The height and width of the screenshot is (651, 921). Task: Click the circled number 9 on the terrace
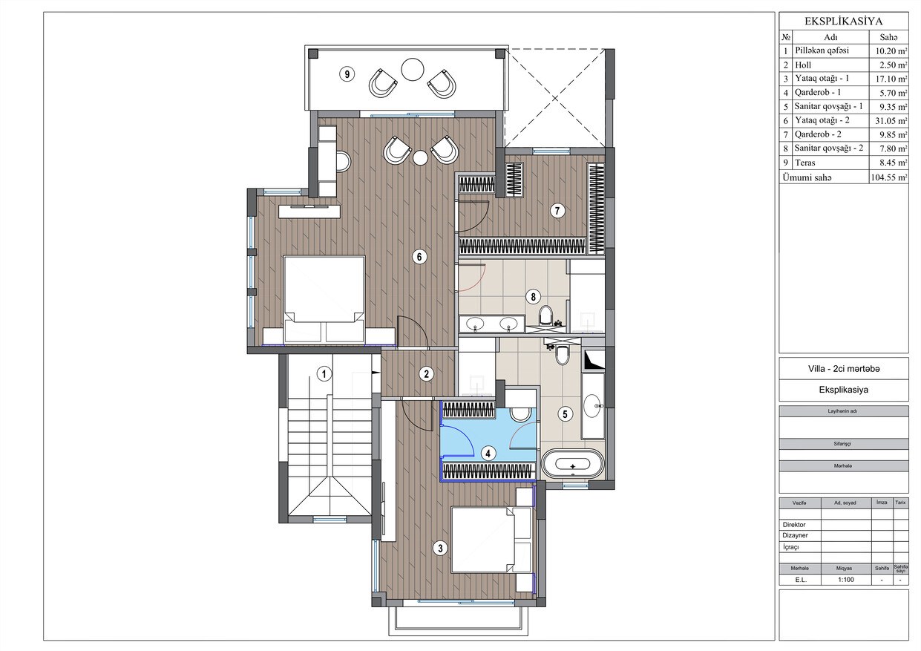click(347, 74)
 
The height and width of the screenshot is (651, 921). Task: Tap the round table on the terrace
click(413, 70)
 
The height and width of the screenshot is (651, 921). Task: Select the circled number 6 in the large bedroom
click(419, 257)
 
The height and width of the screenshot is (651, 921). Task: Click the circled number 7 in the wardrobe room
click(557, 211)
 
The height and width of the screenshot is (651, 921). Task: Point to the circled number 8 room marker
click(534, 296)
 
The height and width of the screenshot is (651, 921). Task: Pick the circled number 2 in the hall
click(427, 374)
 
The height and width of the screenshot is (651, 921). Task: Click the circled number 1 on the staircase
click(324, 374)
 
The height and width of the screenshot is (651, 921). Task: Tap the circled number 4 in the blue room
click(488, 454)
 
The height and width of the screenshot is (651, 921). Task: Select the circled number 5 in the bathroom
click(565, 413)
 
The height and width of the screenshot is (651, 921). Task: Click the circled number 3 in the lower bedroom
click(440, 548)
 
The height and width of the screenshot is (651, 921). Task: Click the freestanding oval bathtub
click(573, 464)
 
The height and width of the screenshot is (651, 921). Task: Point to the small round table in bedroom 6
click(421, 158)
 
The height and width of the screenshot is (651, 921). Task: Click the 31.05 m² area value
click(891, 120)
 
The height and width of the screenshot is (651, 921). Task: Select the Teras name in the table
click(805, 163)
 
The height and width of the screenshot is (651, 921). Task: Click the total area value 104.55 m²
click(889, 177)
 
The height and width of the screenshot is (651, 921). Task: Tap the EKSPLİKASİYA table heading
click(843, 22)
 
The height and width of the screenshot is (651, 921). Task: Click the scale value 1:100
click(846, 580)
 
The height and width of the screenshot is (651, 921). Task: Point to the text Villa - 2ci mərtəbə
click(844, 368)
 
